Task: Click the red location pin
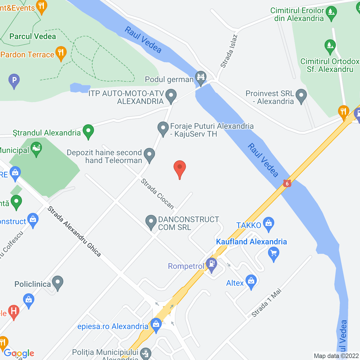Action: point(179,168)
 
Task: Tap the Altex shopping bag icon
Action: point(251,281)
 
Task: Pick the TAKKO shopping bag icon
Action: point(269,224)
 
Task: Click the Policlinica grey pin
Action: point(58,282)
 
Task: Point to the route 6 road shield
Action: point(287,184)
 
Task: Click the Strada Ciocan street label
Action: point(157,194)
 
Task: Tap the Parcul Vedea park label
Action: point(33,36)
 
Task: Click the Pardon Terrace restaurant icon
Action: point(61,53)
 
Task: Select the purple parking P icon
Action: point(14,80)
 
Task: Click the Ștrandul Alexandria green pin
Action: point(88,131)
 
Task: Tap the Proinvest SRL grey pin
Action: point(301,95)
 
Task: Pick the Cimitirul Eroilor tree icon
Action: point(331,13)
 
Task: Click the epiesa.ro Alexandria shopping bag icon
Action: point(156,325)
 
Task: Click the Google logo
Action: point(19,353)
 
